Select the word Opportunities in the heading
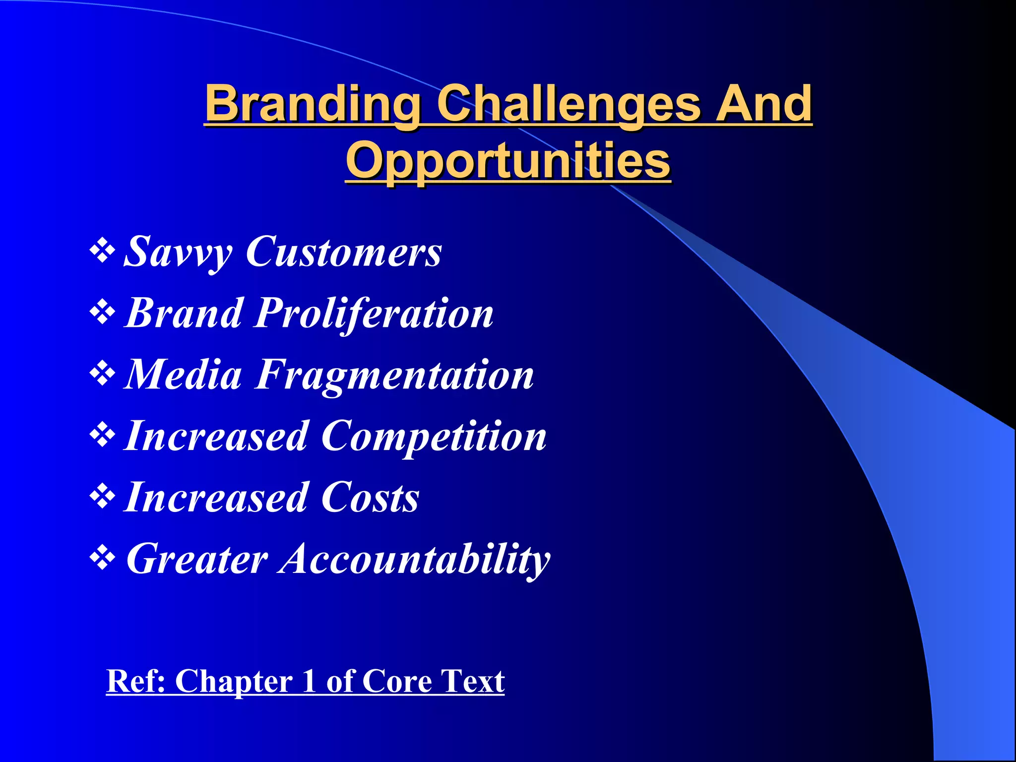pyautogui.click(x=508, y=161)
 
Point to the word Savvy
pyautogui.click(x=177, y=252)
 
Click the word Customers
pyautogui.click(x=343, y=252)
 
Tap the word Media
pyautogui.click(x=182, y=375)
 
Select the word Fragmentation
pyautogui.click(x=394, y=375)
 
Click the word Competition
pyautogui.click(x=434, y=436)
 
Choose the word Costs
pyautogui.click(x=370, y=498)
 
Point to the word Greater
pyautogui.click(x=197, y=559)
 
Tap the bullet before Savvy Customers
pyautogui.click(x=102, y=251)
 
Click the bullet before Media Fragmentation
pyautogui.click(x=102, y=374)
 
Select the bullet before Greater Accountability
pyautogui.click(x=102, y=558)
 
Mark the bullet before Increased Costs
pyautogui.click(x=102, y=497)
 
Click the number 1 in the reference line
pyautogui.click(x=309, y=681)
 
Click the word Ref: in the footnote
pyautogui.click(x=136, y=681)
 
